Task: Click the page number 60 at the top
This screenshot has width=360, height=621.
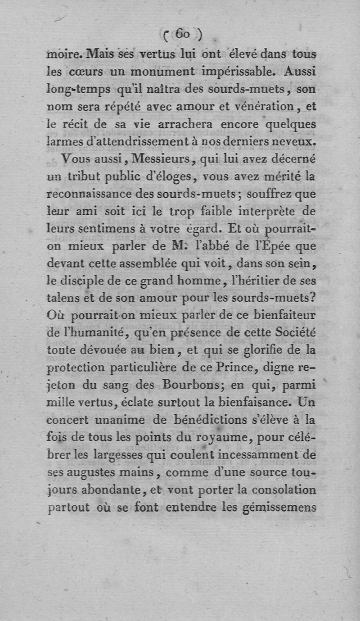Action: pyautogui.click(x=183, y=34)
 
